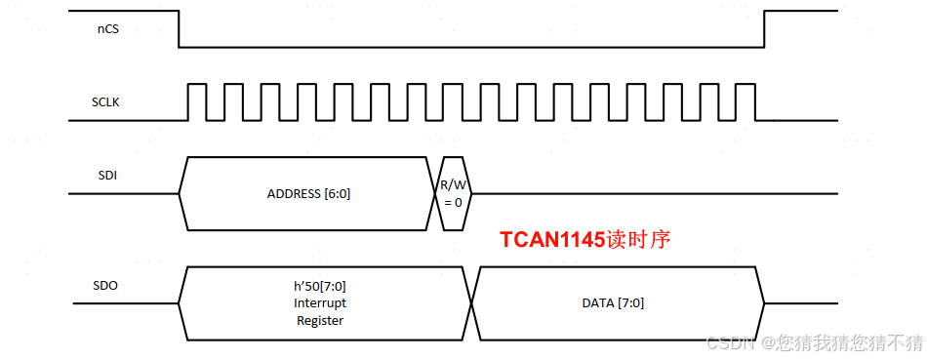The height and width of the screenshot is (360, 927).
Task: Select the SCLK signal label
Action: [x=106, y=101]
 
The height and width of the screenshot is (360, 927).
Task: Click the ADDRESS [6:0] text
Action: [x=308, y=193]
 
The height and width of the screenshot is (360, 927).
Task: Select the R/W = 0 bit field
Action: [x=453, y=193]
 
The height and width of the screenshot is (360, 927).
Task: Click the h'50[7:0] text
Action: [x=320, y=286]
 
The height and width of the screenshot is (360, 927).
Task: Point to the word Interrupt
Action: [x=320, y=302]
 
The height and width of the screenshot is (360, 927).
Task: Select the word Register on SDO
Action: [x=320, y=319]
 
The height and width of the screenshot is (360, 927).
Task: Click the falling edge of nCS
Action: [x=179, y=29]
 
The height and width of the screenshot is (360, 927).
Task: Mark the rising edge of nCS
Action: [x=764, y=29]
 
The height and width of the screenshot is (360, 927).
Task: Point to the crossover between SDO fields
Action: [x=472, y=303]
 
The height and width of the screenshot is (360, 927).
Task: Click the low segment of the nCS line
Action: [x=468, y=47]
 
